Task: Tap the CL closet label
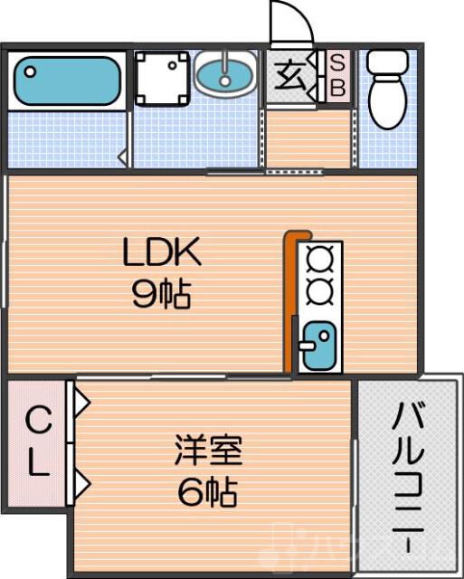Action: (x=36, y=441)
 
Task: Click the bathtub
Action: (x=68, y=80)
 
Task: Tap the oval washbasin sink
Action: (x=226, y=72)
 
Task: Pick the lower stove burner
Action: (x=319, y=292)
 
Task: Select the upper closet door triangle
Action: (x=80, y=399)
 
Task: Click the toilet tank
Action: (x=386, y=62)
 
